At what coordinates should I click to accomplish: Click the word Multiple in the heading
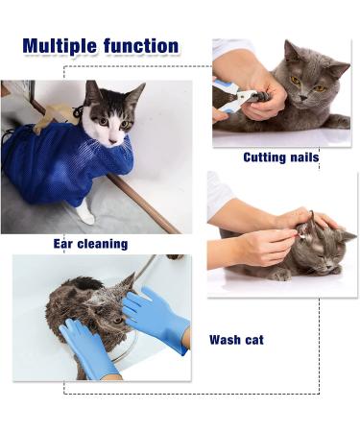pyautogui.click(x=62, y=45)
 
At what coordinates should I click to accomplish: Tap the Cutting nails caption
pyautogui.click(x=280, y=157)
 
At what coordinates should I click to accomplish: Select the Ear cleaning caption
pyautogui.click(x=90, y=244)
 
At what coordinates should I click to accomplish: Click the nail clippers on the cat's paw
pyautogui.click(x=237, y=97)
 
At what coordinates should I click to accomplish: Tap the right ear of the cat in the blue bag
pyautogui.click(x=135, y=91)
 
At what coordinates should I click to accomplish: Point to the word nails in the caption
pyautogui.click(x=302, y=157)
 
